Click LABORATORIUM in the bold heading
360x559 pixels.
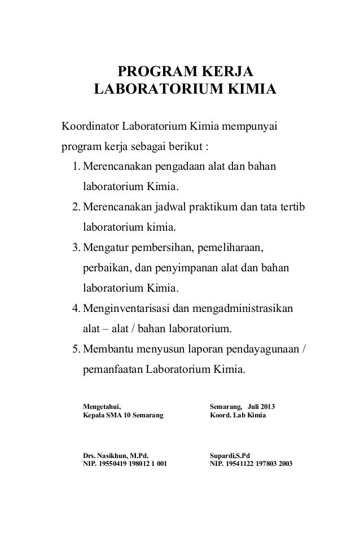click(156, 90)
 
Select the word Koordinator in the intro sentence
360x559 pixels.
click(90, 124)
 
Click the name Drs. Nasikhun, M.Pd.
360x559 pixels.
click(116, 455)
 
